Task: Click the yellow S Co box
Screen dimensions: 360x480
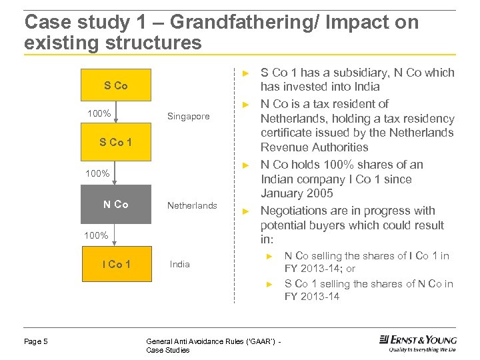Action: coord(116,86)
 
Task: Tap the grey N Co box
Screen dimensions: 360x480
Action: coord(116,205)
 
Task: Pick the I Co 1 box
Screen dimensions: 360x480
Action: coord(116,264)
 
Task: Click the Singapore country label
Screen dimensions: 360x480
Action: coord(188,117)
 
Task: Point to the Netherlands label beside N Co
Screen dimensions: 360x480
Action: coord(192,205)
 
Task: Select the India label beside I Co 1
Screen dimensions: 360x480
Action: coord(180,264)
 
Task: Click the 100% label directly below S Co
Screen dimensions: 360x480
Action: coord(99,113)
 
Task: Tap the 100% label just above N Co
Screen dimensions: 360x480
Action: coord(97,173)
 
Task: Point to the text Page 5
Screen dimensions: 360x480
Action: coord(36,341)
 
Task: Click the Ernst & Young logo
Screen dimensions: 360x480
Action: coord(417,343)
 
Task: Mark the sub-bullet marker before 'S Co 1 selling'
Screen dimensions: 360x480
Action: coord(270,284)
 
